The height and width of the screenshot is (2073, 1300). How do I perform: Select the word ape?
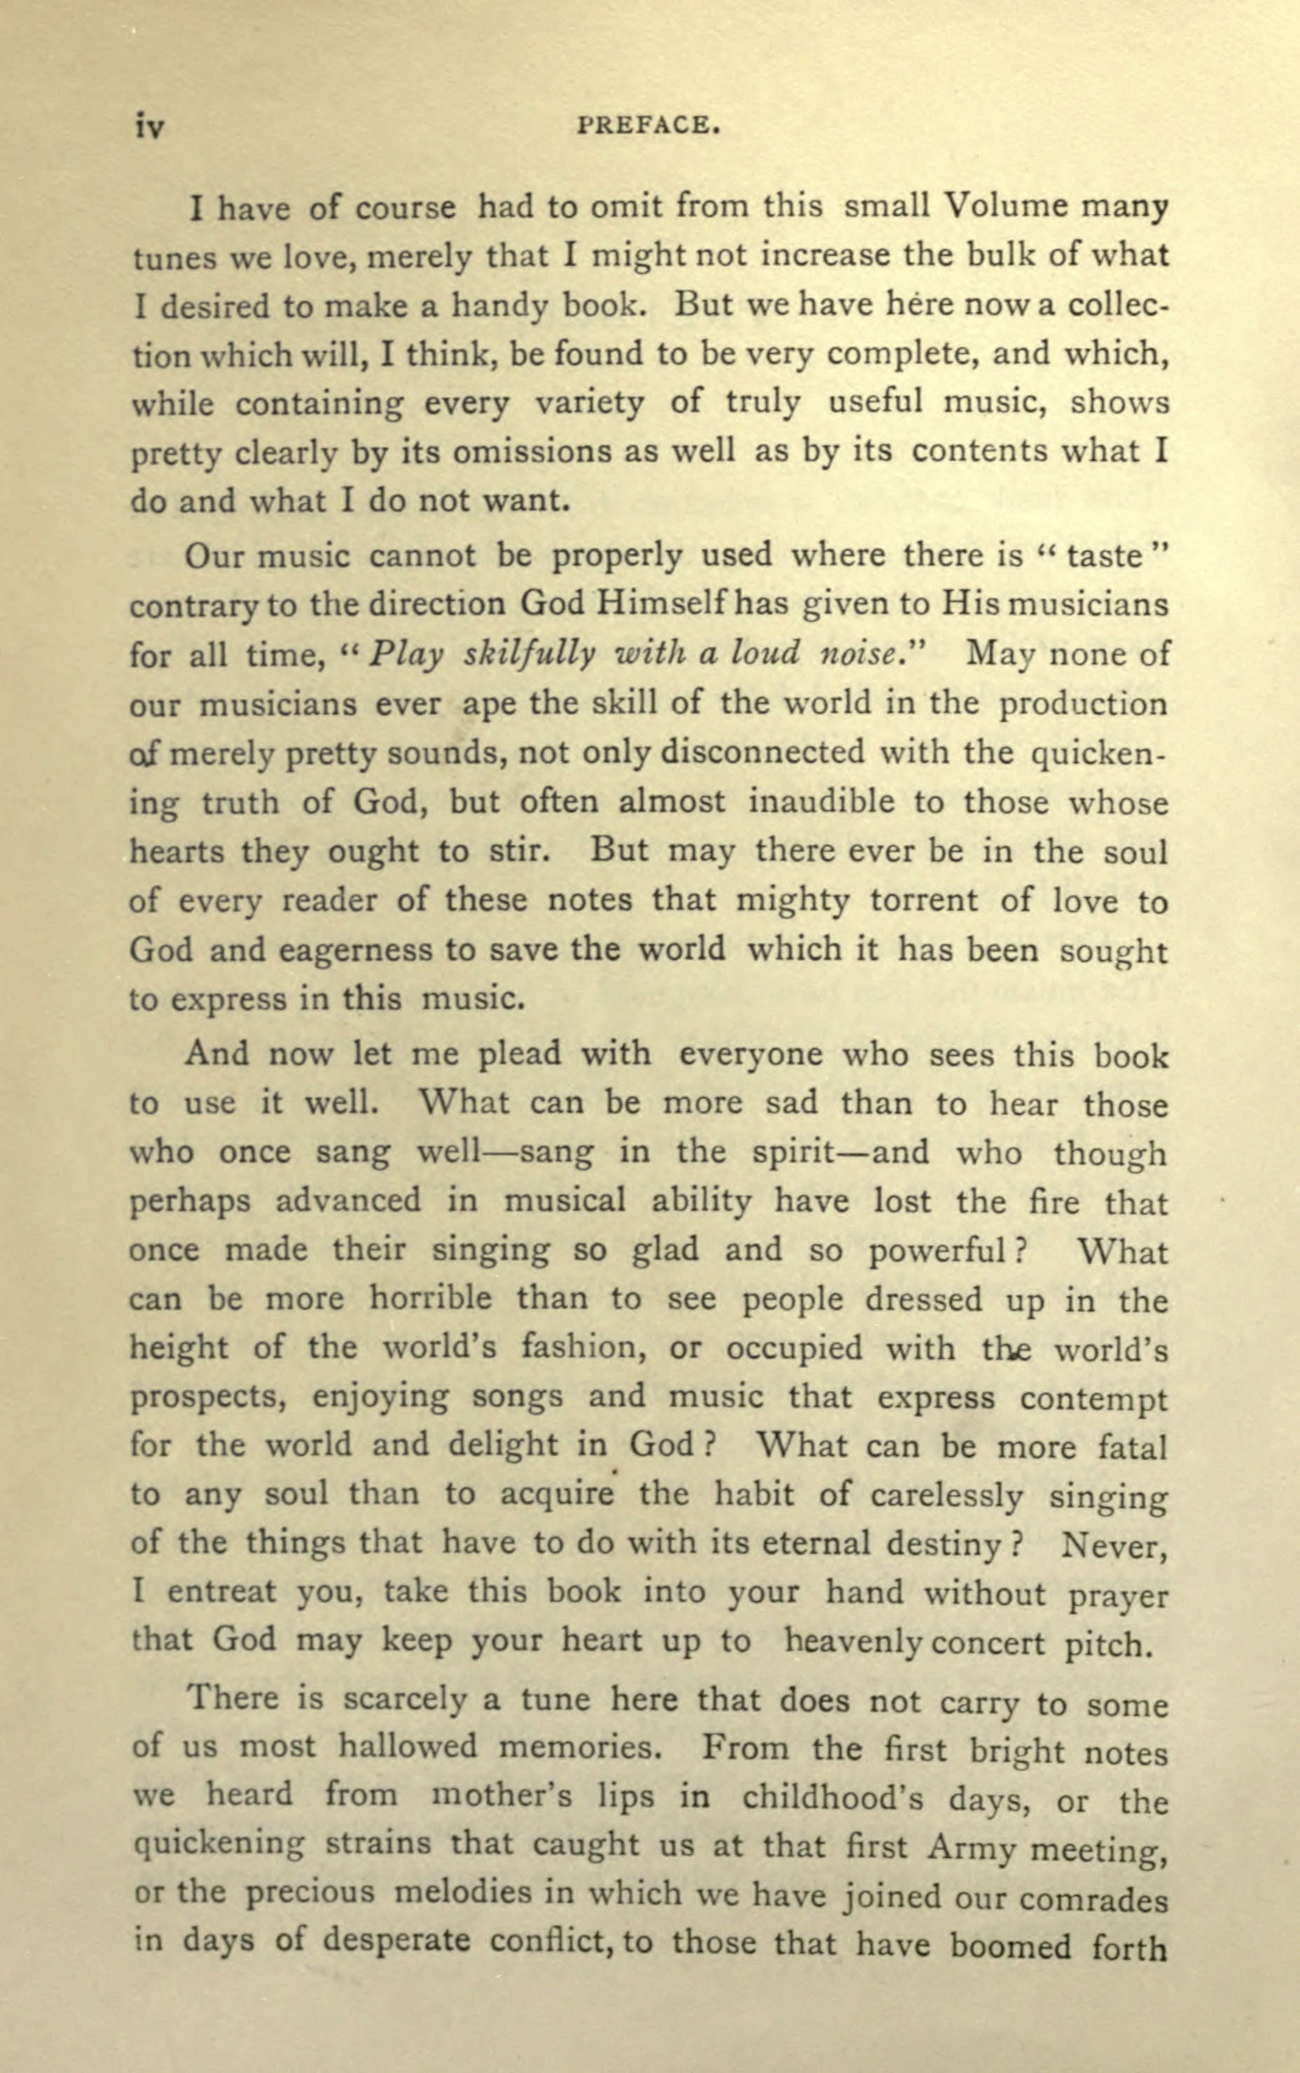[486, 704]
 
